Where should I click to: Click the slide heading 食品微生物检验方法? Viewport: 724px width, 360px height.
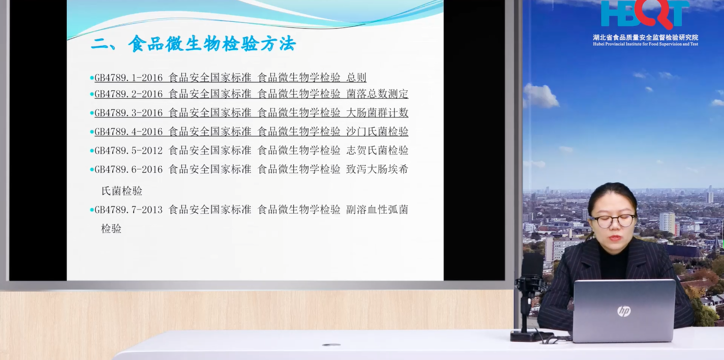point(212,44)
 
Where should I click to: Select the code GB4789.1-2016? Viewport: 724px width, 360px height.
point(128,78)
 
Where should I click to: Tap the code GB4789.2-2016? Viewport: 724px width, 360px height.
point(128,94)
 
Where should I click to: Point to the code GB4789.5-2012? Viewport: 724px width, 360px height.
point(128,151)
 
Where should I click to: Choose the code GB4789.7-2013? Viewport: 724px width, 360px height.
point(128,210)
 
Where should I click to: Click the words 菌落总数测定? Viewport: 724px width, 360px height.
point(377,94)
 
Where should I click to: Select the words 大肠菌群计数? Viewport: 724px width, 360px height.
point(377,112)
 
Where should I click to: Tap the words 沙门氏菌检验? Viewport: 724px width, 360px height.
point(377,132)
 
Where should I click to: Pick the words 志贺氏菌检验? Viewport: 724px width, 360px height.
point(377,151)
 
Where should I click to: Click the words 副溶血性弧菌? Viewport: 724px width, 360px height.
point(377,209)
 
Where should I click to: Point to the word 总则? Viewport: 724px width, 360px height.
point(356,78)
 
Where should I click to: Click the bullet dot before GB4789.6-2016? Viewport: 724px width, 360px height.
point(92,170)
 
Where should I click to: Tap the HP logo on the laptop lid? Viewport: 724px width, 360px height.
point(624,311)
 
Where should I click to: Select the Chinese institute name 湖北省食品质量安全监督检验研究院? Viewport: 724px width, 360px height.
point(646,38)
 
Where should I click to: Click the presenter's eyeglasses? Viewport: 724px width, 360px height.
point(613,221)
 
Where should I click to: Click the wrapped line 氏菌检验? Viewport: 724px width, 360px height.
point(122,191)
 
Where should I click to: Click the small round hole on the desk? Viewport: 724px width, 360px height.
point(331,345)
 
